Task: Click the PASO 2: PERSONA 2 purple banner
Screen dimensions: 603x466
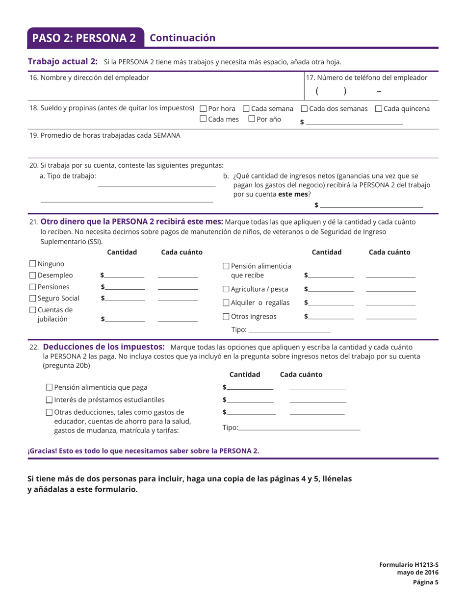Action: [x=84, y=38]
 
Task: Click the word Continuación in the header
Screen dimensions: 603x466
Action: [x=182, y=38]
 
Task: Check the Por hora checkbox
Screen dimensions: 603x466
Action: [x=204, y=109]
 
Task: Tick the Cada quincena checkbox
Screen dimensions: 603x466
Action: [x=378, y=109]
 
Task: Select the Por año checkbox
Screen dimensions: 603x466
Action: [x=252, y=119]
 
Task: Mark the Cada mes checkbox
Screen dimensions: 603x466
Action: [x=204, y=119]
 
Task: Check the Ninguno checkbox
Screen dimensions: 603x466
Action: [x=33, y=264]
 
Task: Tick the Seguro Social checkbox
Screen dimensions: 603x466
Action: [x=33, y=299]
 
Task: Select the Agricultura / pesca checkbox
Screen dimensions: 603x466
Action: [x=226, y=290]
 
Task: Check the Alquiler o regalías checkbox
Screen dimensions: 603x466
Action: [x=226, y=303]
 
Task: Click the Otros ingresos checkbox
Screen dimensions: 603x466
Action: [x=226, y=317]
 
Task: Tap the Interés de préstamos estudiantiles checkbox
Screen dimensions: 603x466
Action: [x=49, y=400]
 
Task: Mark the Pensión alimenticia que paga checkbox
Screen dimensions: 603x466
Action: [x=49, y=387]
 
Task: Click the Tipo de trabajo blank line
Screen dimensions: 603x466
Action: [x=156, y=186]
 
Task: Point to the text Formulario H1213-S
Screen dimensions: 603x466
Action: [x=409, y=565]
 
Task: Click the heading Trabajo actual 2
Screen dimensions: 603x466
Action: [x=63, y=61]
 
